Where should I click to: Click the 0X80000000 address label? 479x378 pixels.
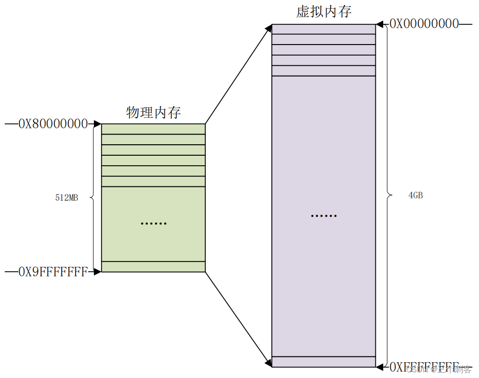(x=53, y=124)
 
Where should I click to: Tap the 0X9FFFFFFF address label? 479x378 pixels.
(x=53, y=272)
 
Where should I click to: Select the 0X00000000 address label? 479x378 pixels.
(x=424, y=24)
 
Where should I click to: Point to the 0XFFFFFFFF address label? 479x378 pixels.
(x=424, y=367)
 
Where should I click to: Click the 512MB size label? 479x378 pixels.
(x=67, y=197)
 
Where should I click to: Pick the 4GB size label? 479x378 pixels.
(x=415, y=195)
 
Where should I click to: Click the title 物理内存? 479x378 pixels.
(x=153, y=113)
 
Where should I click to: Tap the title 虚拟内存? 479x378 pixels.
(x=324, y=12)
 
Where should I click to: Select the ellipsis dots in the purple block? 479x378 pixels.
(x=324, y=216)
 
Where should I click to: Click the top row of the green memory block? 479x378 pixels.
(x=153, y=129)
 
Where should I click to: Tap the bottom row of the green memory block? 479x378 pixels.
(x=153, y=267)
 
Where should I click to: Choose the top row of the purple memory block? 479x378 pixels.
(x=324, y=29)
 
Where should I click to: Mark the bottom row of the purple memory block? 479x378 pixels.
(x=324, y=362)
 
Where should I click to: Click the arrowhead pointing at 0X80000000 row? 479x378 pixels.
(x=97, y=124)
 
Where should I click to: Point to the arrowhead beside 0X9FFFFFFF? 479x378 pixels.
(x=97, y=272)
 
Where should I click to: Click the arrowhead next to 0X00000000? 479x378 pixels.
(x=380, y=24)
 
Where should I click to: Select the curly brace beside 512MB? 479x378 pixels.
(x=93, y=197)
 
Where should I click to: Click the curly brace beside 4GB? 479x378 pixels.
(x=387, y=195)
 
